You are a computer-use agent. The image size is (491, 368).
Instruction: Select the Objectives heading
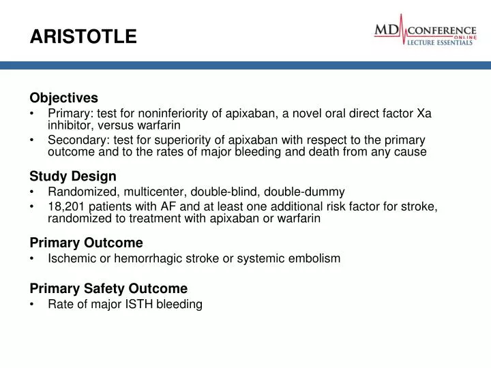[64, 98]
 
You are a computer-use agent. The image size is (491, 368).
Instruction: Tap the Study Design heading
[73, 177]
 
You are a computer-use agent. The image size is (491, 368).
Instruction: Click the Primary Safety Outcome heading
[108, 288]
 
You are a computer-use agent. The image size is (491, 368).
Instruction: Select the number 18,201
[65, 206]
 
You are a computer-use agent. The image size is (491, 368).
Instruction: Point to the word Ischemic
[70, 258]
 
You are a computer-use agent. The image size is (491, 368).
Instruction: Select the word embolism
[316, 258]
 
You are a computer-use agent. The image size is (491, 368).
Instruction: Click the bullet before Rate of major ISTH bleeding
[33, 305]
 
